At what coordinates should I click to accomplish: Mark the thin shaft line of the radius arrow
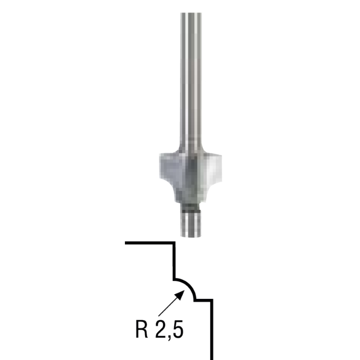[x=167, y=308]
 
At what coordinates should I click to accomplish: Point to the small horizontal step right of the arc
[x=203, y=299]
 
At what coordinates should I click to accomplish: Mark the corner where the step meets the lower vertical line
[x=211, y=299]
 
